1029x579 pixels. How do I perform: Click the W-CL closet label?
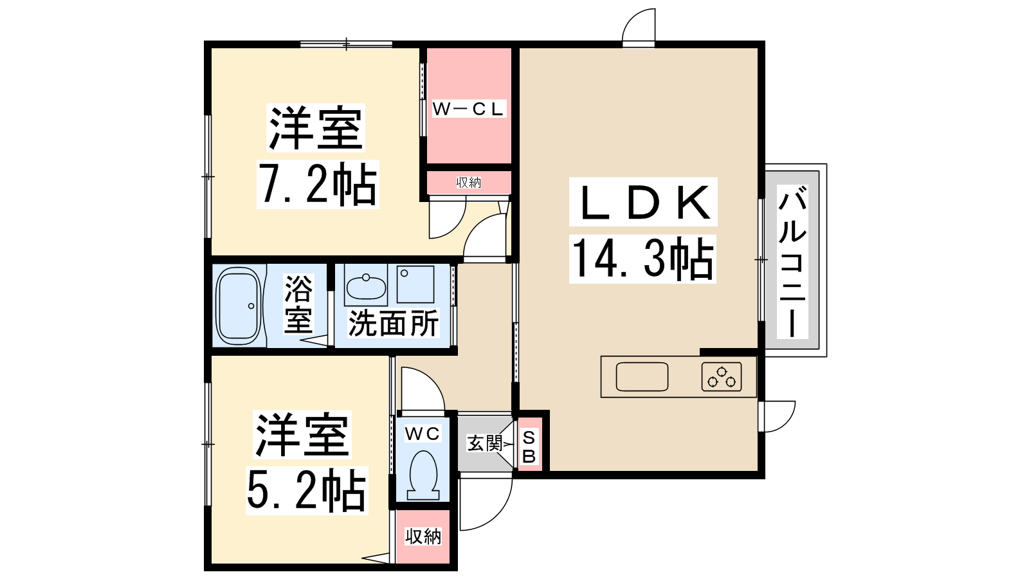pos(468,109)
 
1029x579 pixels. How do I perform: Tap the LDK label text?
pos(643,202)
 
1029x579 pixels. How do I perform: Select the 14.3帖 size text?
pos(642,259)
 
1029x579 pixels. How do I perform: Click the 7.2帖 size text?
pos(318,185)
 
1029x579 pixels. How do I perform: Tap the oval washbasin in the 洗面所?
pos(366,288)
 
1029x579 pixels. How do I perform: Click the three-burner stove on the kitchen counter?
pos(721,377)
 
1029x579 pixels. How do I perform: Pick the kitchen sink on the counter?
pos(642,377)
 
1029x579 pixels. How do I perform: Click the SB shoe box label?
pos(529,446)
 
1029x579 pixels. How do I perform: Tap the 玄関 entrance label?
pos(484,443)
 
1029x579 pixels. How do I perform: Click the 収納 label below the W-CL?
pos(469,183)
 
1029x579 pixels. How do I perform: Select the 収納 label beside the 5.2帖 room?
pos(423,536)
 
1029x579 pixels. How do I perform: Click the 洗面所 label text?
pos(393,324)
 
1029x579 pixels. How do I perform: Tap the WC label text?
pos(423,434)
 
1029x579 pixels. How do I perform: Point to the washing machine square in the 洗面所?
pos(415,284)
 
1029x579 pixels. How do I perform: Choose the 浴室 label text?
pos(298,304)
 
